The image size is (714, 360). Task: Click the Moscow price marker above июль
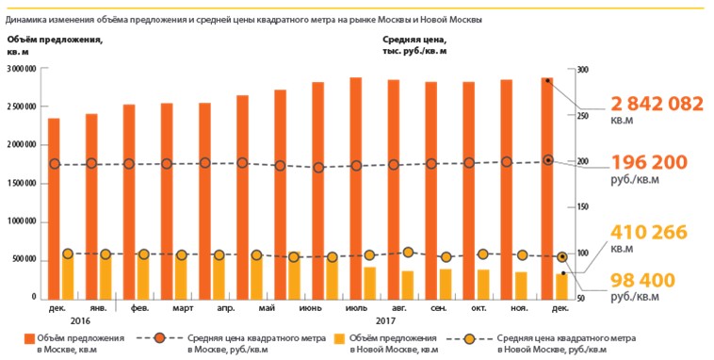tap(356, 166)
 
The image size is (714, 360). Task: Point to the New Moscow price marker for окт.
tap(483, 254)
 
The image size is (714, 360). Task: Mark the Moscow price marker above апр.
tap(204, 163)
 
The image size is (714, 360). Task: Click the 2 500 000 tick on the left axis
tap(21, 106)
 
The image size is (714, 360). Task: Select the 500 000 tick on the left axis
tap(24, 259)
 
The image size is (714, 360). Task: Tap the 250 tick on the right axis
tap(583, 116)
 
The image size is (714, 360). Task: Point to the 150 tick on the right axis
tap(583, 206)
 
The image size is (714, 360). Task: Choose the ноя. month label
tap(520, 308)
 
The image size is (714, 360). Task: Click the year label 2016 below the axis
tap(92, 320)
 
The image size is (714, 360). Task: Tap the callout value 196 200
tap(649, 162)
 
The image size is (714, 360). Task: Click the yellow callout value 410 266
tap(649, 233)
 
